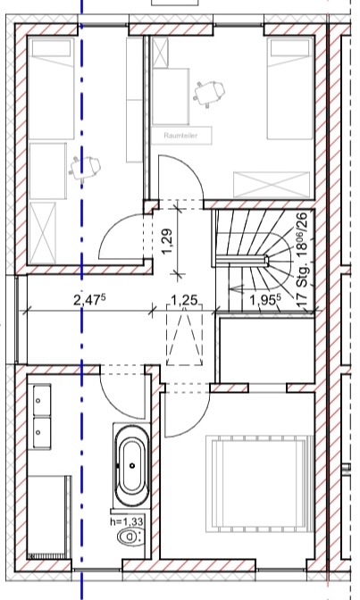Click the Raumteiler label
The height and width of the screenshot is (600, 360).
(x=180, y=136)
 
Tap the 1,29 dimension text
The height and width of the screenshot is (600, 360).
(x=167, y=241)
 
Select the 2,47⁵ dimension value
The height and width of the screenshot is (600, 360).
(x=89, y=300)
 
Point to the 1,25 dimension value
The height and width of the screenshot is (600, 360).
(x=184, y=300)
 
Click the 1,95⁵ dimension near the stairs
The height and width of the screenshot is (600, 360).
(x=264, y=300)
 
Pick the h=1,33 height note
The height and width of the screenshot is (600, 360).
(x=126, y=521)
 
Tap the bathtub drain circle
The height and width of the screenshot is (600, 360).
(x=132, y=466)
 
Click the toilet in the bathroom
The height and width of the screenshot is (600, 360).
(x=130, y=537)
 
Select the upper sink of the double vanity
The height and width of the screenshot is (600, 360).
(x=40, y=400)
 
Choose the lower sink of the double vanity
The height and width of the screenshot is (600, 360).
(x=40, y=432)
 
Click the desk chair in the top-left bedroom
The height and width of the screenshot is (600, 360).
(x=85, y=167)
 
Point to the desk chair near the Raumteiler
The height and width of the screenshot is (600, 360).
(x=209, y=92)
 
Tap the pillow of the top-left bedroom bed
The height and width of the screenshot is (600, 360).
(x=51, y=48)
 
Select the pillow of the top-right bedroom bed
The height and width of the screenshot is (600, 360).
(x=290, y=48)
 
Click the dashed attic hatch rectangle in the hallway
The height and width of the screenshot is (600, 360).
(x=184, y=335)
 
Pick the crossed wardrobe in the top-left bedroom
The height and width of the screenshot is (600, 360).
(x=43, y=233)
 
